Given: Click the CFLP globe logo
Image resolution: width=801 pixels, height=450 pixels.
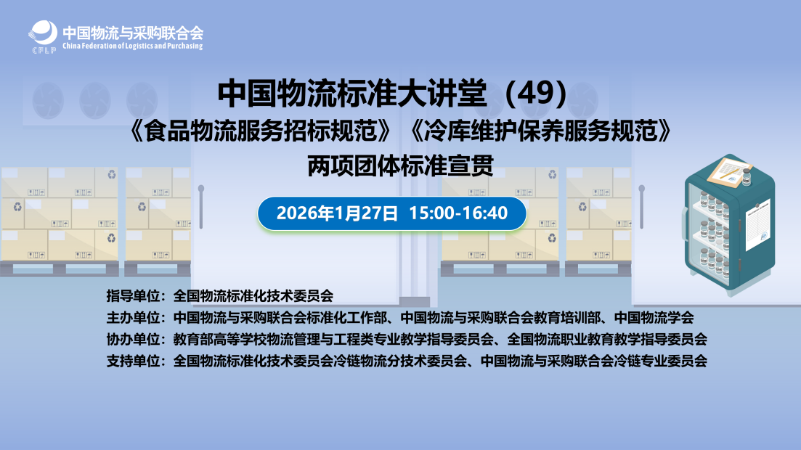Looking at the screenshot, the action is point(43,36).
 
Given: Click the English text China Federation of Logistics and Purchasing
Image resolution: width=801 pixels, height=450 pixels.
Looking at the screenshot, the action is point(133,46).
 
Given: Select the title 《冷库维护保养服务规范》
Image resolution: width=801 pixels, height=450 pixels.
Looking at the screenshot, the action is point(540,131).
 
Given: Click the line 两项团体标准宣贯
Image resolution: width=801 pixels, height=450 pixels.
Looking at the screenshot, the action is point(401,165).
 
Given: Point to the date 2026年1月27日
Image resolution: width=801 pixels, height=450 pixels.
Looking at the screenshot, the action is point(337,213).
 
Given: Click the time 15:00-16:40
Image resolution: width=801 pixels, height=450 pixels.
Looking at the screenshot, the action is point(458,213).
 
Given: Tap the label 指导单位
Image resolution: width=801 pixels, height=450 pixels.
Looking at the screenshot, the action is point(134,295).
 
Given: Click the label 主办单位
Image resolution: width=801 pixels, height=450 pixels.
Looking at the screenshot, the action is point(134,318).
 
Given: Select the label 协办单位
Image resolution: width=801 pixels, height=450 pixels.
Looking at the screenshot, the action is point(134,339).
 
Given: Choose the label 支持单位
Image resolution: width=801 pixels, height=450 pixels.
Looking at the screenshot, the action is point(134,361).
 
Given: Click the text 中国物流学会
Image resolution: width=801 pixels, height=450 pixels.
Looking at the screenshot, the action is point(654,318).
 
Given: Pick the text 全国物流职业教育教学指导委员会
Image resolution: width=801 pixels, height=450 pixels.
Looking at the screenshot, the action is point(607,339).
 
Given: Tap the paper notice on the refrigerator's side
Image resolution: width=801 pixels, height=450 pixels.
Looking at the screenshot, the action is point(758,224).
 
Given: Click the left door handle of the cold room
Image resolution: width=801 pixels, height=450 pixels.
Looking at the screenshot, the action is point(201,207).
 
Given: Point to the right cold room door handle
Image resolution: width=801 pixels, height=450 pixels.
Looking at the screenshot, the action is point(642,207).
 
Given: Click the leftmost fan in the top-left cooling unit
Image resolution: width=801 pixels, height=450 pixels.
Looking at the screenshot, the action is point(49,101).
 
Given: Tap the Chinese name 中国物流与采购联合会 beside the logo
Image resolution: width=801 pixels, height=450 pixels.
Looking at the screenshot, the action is point(133,33).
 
